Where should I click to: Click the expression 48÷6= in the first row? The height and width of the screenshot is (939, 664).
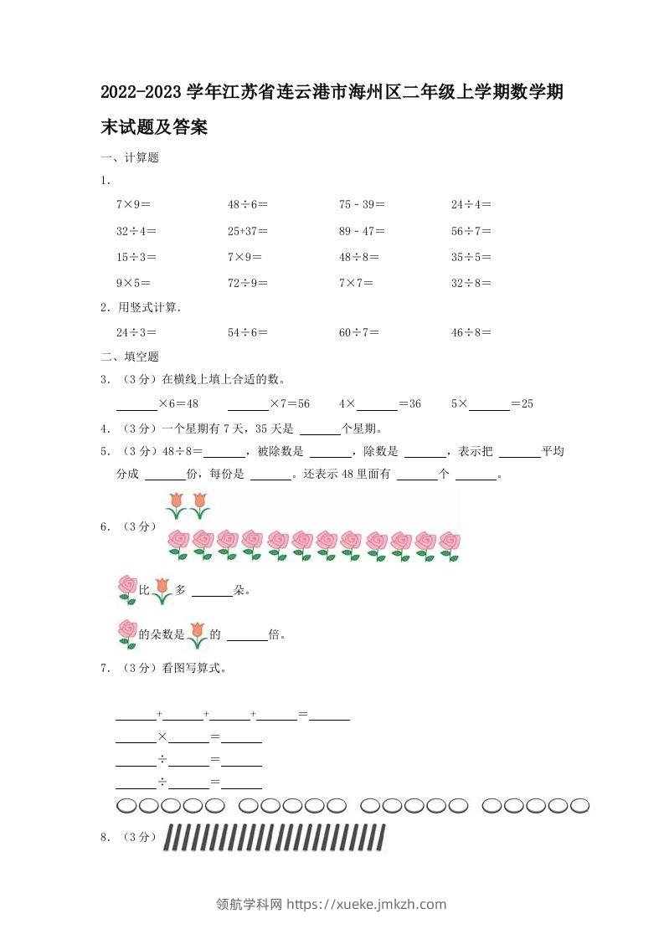tap(247, 204)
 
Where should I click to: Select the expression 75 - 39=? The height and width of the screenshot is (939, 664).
tap(362, 204)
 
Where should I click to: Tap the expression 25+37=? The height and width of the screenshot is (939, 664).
tap(247, 231)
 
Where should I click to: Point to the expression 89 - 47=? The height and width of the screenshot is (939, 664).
tap(362, 231)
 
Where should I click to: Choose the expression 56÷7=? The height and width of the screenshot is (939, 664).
tap(471, 231)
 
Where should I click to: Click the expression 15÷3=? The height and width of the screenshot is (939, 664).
tap(136, 258)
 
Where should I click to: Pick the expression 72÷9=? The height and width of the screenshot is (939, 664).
tap(247, 284)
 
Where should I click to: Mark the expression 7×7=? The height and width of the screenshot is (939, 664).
tap(358, 284)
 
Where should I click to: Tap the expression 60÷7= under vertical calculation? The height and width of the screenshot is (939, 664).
tap(358, 333)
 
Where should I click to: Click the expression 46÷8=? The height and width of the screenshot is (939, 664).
tap(471, 333)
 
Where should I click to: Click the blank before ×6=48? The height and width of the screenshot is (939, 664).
tap(136, 405)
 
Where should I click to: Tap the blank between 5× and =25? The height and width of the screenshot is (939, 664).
tap(489, 405)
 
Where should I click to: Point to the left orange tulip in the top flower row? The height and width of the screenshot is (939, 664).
tap(176, 505)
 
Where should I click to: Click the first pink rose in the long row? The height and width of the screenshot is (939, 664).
tap(178, 544)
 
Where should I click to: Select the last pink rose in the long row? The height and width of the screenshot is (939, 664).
tap(450, 544)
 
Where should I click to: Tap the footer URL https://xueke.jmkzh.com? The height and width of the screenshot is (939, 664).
tap(367, 904)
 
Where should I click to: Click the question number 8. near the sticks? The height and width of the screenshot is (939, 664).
tap(106, 836)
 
